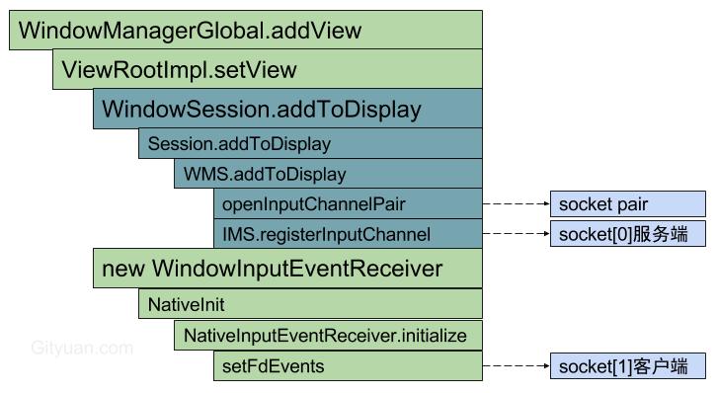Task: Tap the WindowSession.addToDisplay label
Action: click(262, 109)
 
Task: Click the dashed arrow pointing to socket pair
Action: click(516, 204)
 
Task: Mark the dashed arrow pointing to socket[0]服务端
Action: click(516, 234)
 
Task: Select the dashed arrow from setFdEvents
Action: click(516, 366)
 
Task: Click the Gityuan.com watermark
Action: click(82, 348)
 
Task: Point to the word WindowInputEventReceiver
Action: click(297, 269)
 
